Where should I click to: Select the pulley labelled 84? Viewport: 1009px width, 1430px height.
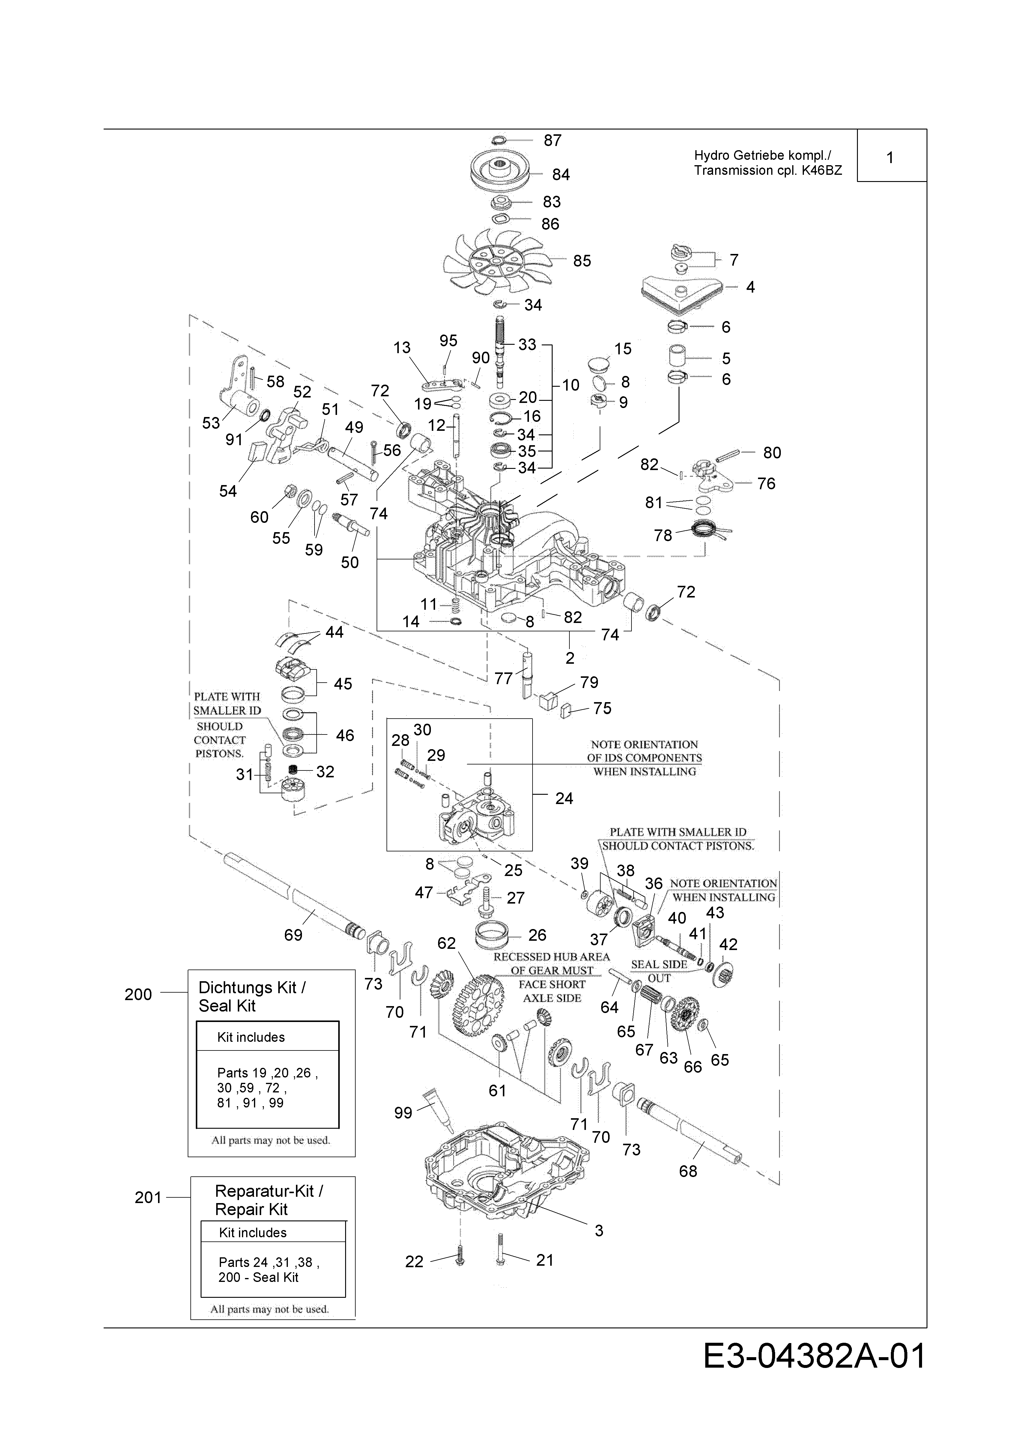(501, 170)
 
